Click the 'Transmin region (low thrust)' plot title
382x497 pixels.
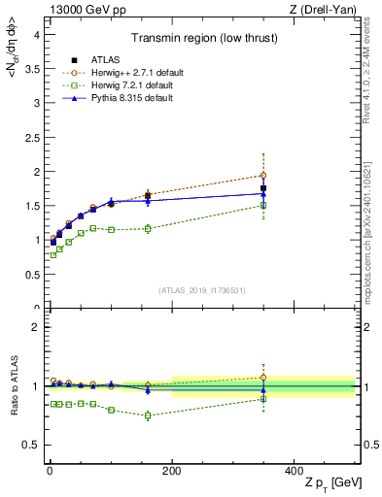click(x=202, y=39)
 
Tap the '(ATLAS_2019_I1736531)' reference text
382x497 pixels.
click(x=202, y=289)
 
